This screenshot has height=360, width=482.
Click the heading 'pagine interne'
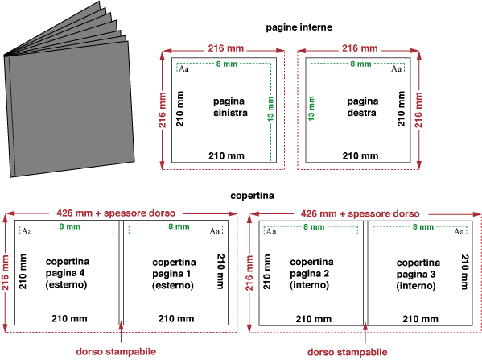point(299,27)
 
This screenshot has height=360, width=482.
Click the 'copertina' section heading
point(252,196)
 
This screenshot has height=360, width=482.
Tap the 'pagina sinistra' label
point(230,107)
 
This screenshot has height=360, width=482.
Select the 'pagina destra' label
point(363,107)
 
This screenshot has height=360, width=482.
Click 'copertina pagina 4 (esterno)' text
point(68,273)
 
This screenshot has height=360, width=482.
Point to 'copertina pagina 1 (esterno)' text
point(174,274)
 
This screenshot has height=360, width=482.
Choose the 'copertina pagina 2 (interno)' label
point(311,273)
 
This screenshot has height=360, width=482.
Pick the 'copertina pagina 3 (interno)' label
point(418,274)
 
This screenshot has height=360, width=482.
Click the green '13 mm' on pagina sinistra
point(270,109)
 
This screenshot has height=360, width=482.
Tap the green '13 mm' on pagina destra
point(311,108)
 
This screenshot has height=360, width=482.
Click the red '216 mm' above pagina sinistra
point(226,48)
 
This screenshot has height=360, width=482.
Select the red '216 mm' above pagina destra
point(360,48)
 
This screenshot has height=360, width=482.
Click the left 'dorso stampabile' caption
point(116,352)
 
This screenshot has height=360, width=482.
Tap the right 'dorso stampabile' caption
point(348,352)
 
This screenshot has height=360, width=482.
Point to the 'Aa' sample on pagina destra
point(396,68)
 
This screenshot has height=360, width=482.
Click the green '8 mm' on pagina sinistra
point(227,64)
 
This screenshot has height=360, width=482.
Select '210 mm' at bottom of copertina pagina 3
point(421,319)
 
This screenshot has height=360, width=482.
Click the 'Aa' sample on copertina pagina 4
point(27,231)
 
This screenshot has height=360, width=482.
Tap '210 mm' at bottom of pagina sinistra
point(227,156)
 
